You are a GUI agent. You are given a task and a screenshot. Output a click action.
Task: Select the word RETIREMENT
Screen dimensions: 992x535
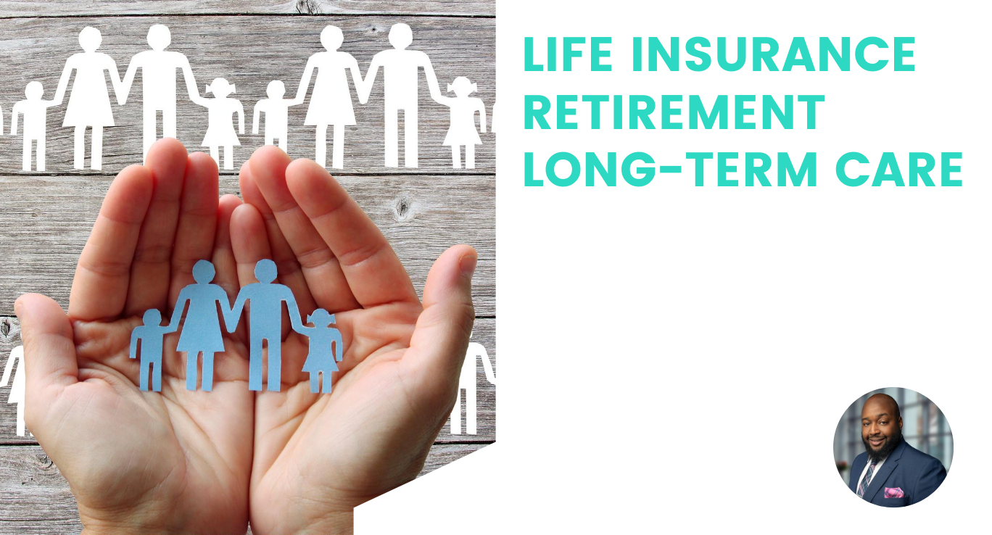click(x=674, y=112)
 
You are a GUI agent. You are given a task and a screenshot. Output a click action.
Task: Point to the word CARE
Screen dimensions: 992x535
click(x=899, y=169)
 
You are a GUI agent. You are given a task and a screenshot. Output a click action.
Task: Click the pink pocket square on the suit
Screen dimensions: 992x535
click(x=893, y=492)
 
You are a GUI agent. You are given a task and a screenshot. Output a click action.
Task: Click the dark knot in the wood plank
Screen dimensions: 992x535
click(x=403, y=208)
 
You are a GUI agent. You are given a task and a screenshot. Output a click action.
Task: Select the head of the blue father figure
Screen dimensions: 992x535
click(x=265, y=271)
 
